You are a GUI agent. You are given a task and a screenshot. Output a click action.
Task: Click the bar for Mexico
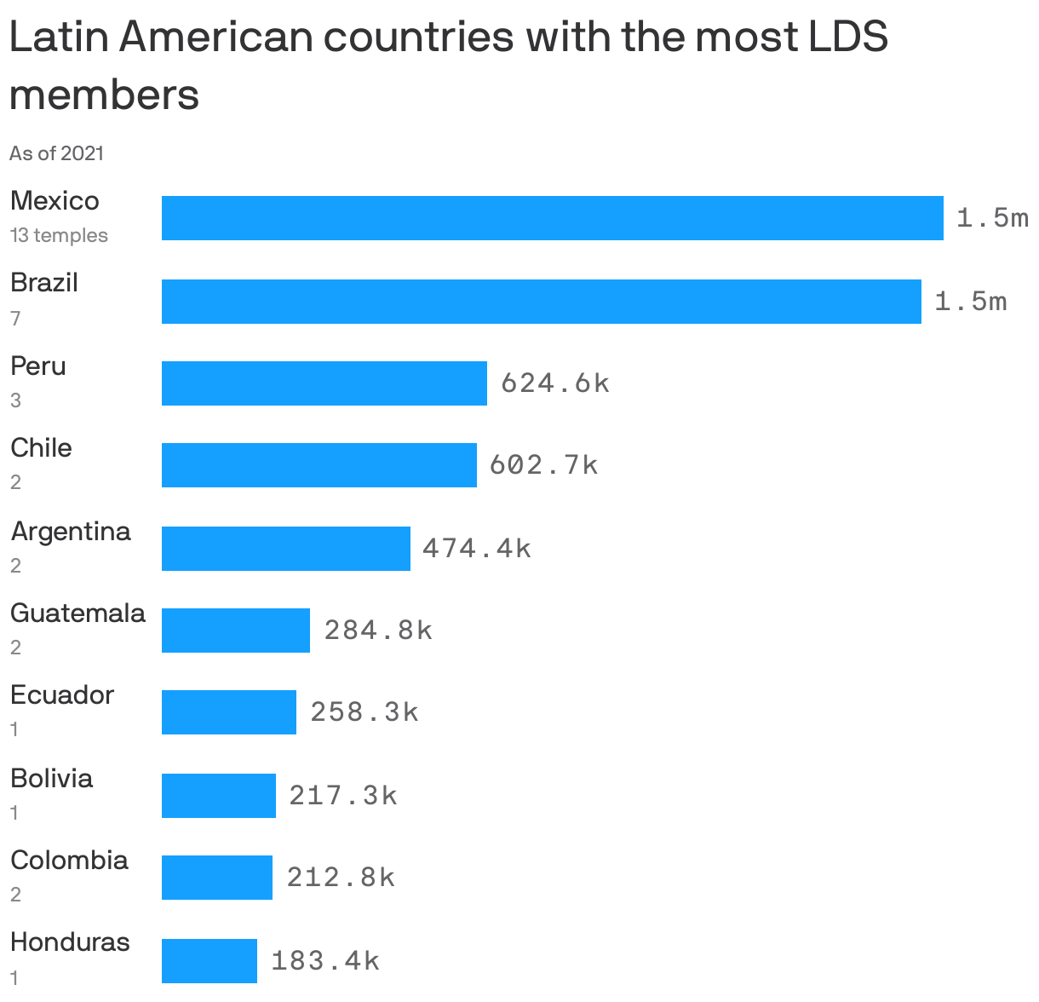(552, 218)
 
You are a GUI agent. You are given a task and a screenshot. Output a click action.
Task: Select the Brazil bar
(541, 302)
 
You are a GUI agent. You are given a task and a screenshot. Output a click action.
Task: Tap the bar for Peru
(324, 383)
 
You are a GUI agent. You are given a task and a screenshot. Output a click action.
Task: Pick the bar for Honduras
(209, 961)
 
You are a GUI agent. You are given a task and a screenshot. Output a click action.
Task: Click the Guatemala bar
(235, 631)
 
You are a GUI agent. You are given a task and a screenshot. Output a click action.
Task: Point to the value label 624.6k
(554, 383)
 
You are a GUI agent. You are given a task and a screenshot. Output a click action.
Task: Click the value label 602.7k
(543, 465)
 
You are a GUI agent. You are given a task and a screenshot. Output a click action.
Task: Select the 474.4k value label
(476, 548)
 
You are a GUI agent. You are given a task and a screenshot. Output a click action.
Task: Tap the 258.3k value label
(364, 712)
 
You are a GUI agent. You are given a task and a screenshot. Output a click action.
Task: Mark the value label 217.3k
(342, 795)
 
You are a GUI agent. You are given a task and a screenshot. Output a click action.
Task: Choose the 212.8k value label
(340, 877)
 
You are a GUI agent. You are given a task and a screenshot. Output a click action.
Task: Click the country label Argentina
(71, 532)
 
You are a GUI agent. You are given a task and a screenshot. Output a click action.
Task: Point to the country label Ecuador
(61, 695)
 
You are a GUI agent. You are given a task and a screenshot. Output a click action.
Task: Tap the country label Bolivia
(51, 778)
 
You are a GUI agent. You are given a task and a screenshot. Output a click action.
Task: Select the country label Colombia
(69, 861)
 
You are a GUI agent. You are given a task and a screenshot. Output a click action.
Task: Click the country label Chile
(41, 448)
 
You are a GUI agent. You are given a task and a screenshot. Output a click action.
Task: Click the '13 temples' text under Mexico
(59, 235)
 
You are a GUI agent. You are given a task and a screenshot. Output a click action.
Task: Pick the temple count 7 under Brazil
(15, 319)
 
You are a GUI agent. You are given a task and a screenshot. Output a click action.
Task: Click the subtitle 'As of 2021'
(56, 153)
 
